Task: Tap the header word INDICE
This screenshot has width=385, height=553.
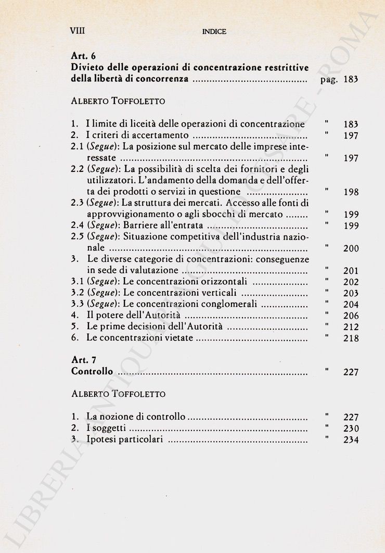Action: (214, 32)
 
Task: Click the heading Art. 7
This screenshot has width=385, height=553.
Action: (83, 360)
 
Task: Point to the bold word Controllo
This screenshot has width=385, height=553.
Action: (92, 372)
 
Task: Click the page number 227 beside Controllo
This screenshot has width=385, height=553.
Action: (351, 372)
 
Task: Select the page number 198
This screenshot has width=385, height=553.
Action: (351, 192)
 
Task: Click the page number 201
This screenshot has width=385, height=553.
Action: (351, 271)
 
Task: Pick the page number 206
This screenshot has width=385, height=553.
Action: (351, 316)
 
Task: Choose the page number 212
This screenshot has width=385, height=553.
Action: (351, 327)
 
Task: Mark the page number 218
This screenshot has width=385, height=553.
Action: (351, 338)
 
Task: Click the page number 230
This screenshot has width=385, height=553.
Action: (351, 429)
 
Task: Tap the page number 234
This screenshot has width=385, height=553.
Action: (351, 440)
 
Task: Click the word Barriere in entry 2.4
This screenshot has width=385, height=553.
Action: (140, 225)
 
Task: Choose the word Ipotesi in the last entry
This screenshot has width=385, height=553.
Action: (100, 440)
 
